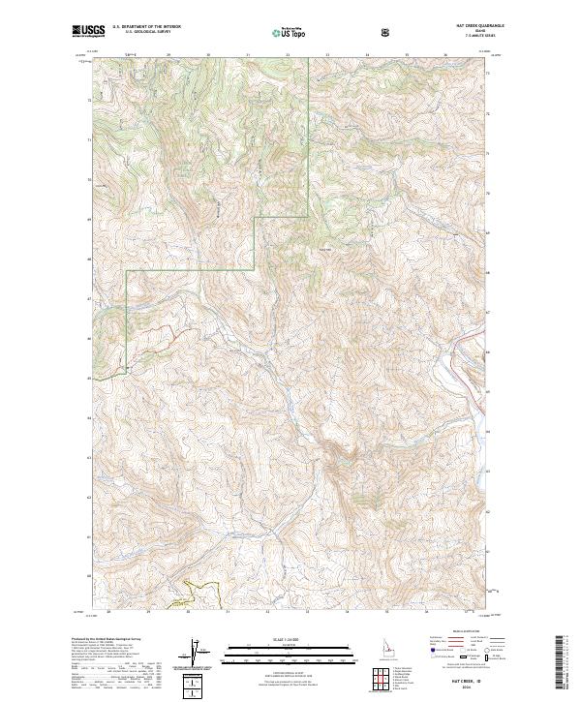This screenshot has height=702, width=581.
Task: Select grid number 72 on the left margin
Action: [92, 100]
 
